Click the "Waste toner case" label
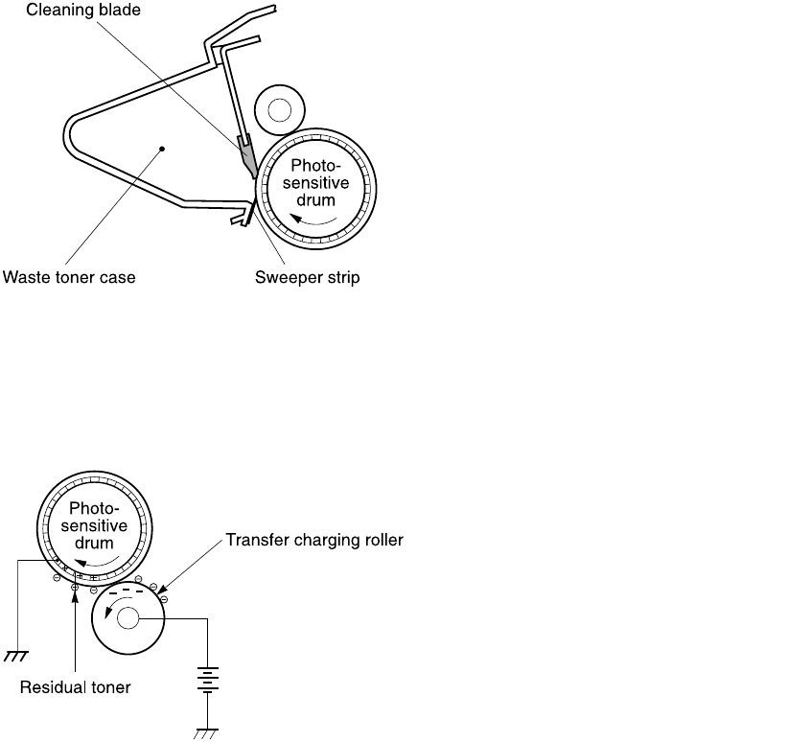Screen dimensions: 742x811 69,278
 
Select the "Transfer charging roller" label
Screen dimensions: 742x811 314,541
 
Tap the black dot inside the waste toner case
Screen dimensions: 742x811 162,149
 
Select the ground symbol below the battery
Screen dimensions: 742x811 207,733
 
